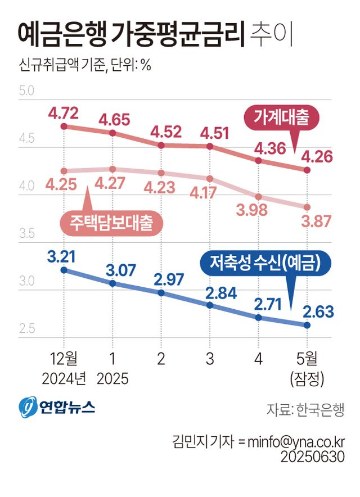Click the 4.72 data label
[64, 112]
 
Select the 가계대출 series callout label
[281, 118]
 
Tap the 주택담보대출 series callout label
[111, 223]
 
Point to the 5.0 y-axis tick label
[26, 91]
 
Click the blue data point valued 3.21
[64, 270]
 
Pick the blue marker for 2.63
[307, 325]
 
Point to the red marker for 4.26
[307, 170]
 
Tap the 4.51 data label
[210, 134]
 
